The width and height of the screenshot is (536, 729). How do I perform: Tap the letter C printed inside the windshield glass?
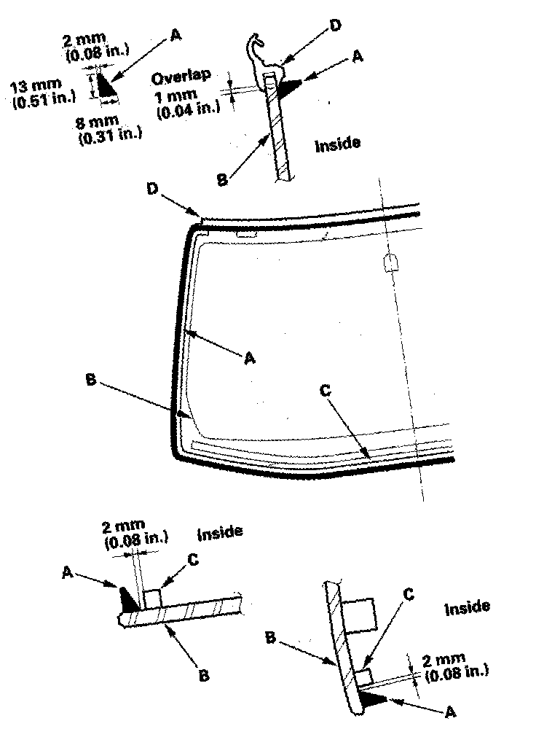[326, 389]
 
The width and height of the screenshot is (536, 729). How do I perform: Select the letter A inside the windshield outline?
[248, 357]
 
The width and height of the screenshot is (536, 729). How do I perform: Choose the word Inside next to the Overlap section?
[337, 144]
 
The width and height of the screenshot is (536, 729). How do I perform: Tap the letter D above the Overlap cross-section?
[335, 26]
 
